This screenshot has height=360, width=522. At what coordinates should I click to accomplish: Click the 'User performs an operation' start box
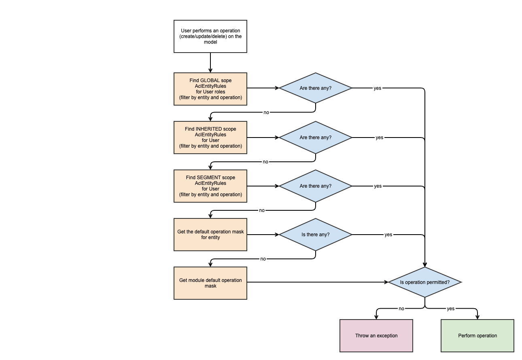pos(210,36)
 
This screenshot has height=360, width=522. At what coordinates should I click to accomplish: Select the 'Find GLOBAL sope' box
pos(210,89)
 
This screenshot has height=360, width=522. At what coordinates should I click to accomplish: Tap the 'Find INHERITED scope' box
pos(210,138)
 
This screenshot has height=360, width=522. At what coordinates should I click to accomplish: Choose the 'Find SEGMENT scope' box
pos(210,186)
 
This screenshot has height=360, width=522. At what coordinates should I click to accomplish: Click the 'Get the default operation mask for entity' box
pos(210,235)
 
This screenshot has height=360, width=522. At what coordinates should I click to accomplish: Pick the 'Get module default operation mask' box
pos(210,283)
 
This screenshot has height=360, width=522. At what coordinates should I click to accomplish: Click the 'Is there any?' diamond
pos(316,235)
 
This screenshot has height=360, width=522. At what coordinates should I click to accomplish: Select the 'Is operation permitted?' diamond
pos(425,282)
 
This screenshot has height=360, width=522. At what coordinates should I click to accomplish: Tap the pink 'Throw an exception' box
pos(376,336)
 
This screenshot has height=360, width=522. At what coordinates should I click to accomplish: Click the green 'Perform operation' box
pos(477,336)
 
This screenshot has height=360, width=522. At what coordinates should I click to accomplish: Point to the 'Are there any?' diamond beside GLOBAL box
pos(316,88)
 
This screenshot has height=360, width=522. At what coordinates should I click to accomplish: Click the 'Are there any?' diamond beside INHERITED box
pos(316,138)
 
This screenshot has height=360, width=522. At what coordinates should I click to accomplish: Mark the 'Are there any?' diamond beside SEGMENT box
pos(316,186)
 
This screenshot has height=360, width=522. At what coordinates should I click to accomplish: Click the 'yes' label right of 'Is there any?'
pos(388,235)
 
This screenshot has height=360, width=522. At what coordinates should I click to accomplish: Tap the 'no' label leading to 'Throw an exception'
pos(401,309)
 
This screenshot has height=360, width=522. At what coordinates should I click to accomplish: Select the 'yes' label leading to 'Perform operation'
pos(450,309)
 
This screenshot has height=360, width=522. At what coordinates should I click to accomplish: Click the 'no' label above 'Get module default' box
pos(263,259)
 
